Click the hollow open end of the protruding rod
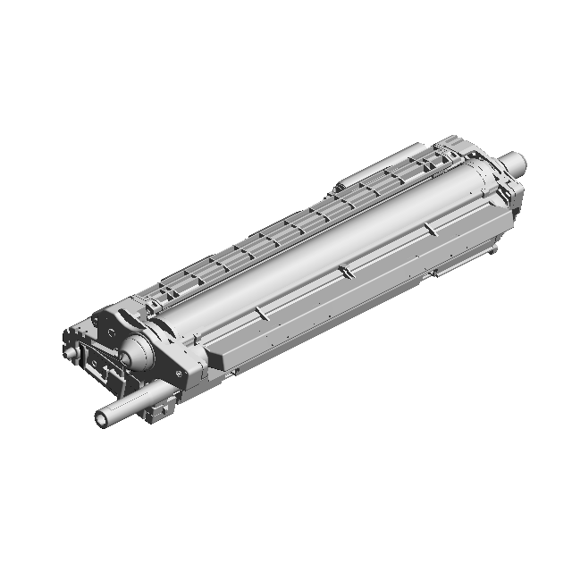100,418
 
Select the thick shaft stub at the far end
514,162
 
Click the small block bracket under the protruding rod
158,409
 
